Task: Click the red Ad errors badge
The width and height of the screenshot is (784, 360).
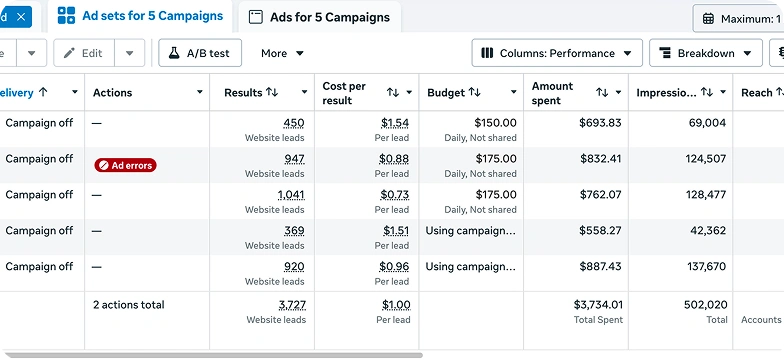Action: point(126,165)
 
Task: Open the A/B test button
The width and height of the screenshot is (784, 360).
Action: point(200,53)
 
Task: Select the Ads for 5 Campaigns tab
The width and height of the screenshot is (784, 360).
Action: point(320,17)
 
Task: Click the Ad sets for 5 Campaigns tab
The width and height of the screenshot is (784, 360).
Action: point(140,16)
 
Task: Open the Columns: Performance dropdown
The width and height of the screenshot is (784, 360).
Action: point(557,53)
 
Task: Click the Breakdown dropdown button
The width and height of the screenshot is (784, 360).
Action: point(706,53)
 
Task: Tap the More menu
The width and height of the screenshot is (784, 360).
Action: point(282,53)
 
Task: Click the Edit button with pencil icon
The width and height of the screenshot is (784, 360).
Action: point(84,53)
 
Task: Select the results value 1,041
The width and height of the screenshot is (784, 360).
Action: point(291,194)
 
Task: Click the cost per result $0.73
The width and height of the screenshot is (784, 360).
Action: point(394,194)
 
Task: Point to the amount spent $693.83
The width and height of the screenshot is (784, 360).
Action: point(600,122)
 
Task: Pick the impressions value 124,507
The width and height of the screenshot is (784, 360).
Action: point(706,158)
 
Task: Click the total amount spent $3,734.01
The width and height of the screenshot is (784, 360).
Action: point(598,304)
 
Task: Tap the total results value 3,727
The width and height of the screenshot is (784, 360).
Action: point(292,304)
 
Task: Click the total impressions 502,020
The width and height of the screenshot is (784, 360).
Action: point(706,304)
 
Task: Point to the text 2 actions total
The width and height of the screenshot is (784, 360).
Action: point(128,304)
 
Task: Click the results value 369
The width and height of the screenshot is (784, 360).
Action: point(294,230)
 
